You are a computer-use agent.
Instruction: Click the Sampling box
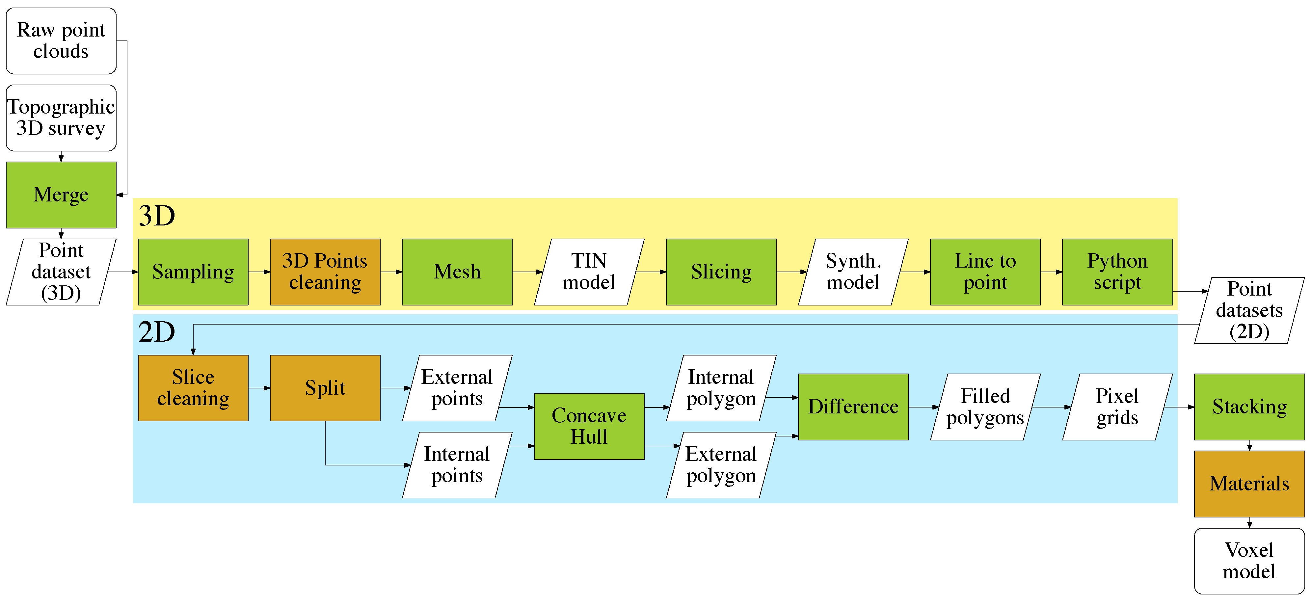[x=193, y=272]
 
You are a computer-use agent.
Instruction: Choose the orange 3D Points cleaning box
[x=325, y=272]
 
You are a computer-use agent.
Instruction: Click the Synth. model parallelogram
[x=853, y=272]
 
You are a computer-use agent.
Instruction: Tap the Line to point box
[x=985, y=272]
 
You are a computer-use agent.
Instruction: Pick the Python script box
[x=1117, y=272]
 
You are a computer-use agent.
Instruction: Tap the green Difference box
[x=853, y=406]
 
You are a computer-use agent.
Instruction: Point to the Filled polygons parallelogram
[x=985, y=406]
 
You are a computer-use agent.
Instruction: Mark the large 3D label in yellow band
[x=157, y=216]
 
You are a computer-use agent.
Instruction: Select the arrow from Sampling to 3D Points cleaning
[x=259, y=272]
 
